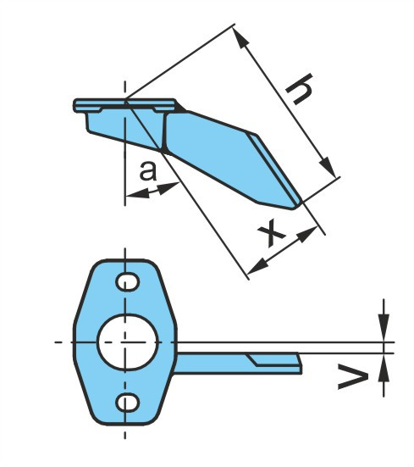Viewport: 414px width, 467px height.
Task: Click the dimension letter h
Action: (x=299, y=89)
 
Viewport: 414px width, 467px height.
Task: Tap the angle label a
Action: (x=148, y=171)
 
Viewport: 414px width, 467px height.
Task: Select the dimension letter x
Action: (x=271, y=233)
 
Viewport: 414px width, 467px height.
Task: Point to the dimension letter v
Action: (x=353, y=379)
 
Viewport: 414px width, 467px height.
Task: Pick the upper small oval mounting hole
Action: (x=127, y=281)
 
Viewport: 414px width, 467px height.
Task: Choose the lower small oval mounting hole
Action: (x=127, y=403)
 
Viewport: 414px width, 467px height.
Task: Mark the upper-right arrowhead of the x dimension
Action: (x=307, y=234)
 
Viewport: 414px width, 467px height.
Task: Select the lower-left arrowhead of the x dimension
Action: (x=257, y=266)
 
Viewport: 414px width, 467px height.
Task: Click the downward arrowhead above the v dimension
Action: (x=384, y=327)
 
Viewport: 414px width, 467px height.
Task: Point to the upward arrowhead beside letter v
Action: (x=384, y=369)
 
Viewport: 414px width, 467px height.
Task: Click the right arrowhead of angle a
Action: (x=168, y=188)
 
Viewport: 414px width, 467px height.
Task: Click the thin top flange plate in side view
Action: (x=125, y=105)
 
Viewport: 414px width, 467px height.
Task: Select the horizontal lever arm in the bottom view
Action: (x=238, y=363)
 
